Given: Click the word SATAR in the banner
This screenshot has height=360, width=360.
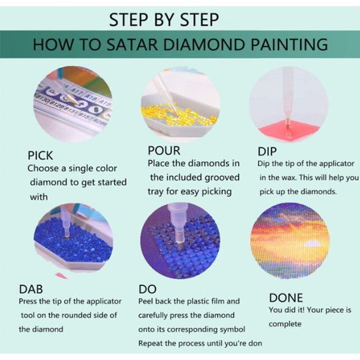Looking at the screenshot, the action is [x=132, y=45].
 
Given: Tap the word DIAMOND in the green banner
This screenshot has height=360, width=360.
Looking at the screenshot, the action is [x=204, y=45].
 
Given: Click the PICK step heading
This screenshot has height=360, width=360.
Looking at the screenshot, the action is [x=40, y=155].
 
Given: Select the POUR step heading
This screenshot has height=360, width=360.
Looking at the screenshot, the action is [x=164, y=151].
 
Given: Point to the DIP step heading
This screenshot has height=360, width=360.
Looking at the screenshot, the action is [x=267, y=151].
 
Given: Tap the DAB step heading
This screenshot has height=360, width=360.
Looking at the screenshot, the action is [x=31, y=289].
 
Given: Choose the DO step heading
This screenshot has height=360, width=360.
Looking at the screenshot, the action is [x=147, y=289].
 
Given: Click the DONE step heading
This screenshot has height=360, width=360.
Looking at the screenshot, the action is [x=286, y=298].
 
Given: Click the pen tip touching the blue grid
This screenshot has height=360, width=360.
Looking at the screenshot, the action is [x=179, y=245].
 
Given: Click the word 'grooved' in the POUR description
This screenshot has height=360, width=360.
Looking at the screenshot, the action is [x=222, y=178].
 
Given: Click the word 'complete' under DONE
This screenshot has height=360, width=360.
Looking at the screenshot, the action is [x=285, y=324].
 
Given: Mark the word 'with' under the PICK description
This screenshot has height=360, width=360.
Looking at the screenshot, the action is [x=39, y=197].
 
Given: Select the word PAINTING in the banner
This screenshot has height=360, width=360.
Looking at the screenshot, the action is [x=289, y=45].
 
